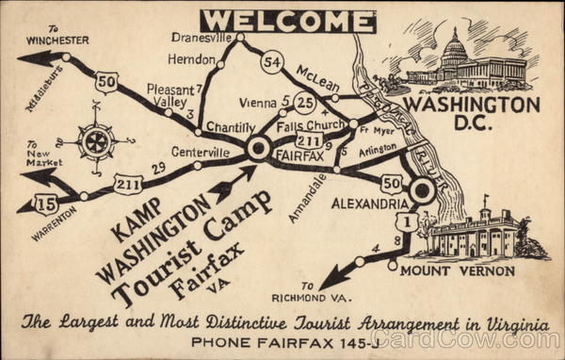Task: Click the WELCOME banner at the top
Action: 288,21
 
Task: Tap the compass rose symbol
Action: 96,140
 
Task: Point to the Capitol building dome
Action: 454,47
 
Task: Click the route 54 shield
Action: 272,62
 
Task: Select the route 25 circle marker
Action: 304,101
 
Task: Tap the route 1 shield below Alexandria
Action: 407,221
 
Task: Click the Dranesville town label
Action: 202,38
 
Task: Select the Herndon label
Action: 192,58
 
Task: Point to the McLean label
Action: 316,74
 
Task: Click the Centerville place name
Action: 200,151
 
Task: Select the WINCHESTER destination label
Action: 57,40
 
